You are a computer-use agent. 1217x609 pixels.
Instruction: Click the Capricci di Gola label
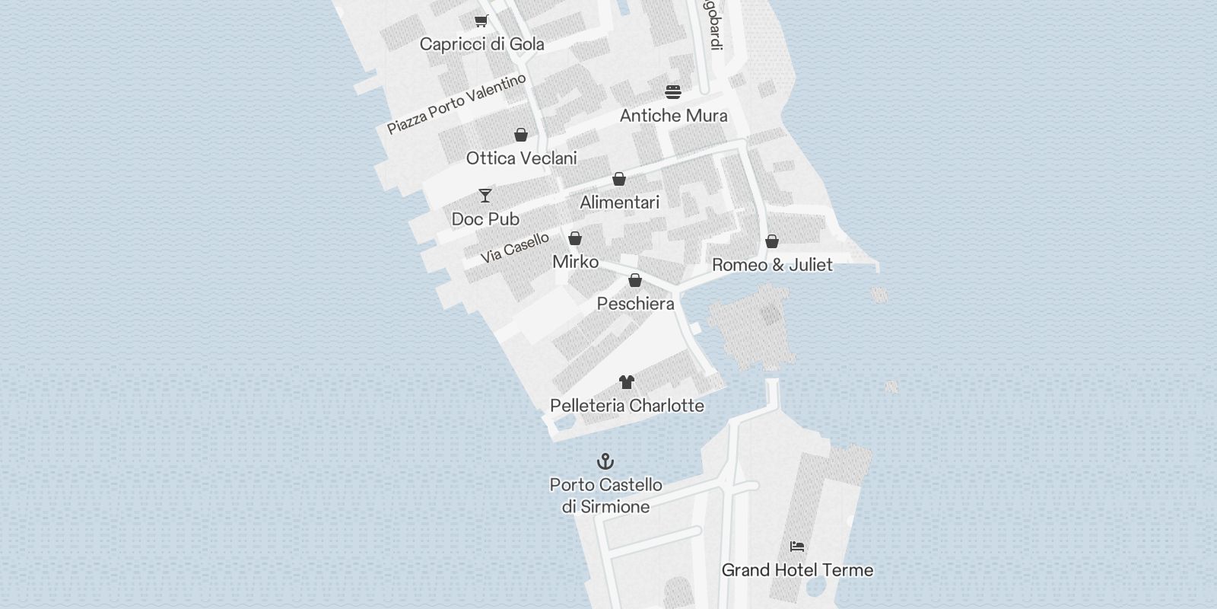[x=481, y=44]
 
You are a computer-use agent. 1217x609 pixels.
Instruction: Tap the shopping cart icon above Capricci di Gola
[x=481, y=21]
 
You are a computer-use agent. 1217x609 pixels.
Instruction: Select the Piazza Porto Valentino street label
[x=456, y=104]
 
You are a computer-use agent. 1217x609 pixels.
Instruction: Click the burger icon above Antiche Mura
[x=673, y=92]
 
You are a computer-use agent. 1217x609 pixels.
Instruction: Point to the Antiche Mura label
[x=673, y=116]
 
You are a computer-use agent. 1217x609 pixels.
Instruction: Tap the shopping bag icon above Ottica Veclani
[x=521, y=135]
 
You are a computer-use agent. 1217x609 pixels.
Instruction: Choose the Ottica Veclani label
[x=521, y=158]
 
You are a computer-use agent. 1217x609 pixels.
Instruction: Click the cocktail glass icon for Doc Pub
[x=485, y=196]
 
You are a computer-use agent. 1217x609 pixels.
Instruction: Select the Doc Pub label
[x=485, y=219]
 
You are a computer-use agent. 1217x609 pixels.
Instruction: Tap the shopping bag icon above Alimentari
[x=619, y=179]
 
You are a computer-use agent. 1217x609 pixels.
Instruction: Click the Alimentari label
[x=619, y=202]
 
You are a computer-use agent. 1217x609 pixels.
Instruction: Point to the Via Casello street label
[x=515, y=248]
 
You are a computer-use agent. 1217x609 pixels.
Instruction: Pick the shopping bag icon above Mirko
[x=575, y=238]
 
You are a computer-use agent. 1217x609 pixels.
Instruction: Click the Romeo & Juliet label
[x=772, y=265]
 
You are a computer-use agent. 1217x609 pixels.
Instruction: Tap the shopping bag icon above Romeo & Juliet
[x=772, y=241]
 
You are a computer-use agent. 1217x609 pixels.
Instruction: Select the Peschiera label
[x=635, y=304]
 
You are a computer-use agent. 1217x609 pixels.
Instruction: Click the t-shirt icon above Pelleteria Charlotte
[x=626, y=382]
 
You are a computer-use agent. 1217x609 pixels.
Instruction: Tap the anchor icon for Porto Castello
[x=605, y=461]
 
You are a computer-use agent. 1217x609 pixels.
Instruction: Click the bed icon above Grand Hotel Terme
[x=797, y=547]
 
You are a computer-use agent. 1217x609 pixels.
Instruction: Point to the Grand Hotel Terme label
[x=797, y=570]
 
